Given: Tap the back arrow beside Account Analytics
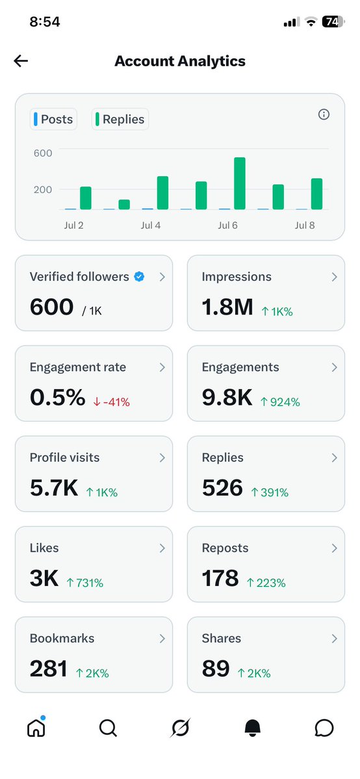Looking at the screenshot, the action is tap(21, 61).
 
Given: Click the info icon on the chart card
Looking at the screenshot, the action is tap(324, 115).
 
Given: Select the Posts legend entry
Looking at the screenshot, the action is tap(54, 120).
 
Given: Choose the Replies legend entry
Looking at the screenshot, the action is tap(120, 120).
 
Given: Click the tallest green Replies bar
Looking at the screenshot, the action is tap(240, 183).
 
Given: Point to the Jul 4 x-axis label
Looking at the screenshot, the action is tap(151, 225).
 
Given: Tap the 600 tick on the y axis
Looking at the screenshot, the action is tap(43, 153).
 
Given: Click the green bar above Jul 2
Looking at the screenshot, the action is tap(86, 198).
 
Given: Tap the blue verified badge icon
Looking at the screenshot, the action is tap(140, 277).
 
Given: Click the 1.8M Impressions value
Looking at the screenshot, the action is tap(227, 307).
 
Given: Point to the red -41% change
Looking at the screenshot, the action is tap(111, 402).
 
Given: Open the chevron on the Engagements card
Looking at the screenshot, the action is tap(334, 367).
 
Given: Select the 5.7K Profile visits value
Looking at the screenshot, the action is tap(54, 489).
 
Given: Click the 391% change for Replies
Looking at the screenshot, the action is tap(269, 493).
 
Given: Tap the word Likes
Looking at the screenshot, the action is tap(44, 548).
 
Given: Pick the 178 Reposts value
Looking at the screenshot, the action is tap(220, 579).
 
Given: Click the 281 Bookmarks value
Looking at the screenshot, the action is tap(48, 669).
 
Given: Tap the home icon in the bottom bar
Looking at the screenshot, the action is tap(36, 728).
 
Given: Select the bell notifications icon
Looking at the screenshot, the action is tap(253, 728).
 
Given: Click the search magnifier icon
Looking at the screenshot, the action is tap(108, 728).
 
